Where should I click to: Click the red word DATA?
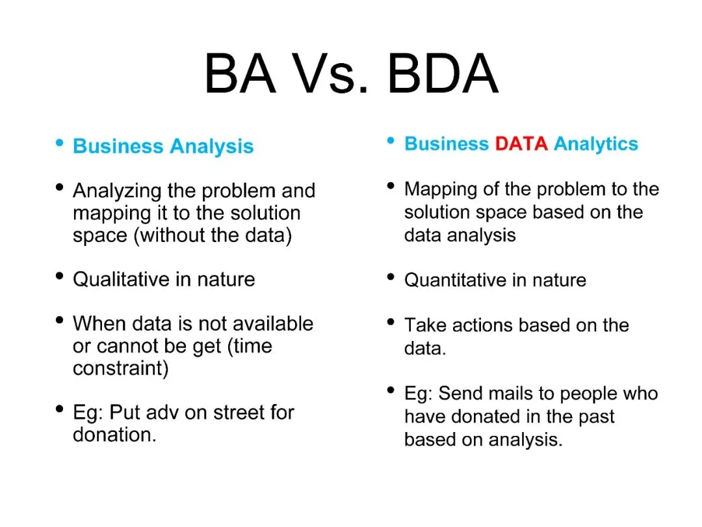(x=521, y=144)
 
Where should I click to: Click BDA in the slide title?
(x=443, y=73)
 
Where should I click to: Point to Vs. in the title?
(x=331, y=73)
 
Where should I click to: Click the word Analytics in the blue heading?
(x=596, y=144)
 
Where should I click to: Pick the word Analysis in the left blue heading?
(x=212, y=147)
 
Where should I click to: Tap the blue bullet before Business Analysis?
(x=59, y=143)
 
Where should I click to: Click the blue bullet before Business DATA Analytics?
(x=391, y=141)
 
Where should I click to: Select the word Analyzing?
(x=117, y=191)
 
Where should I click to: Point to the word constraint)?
(x=121, y=368)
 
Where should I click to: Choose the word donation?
(x=114, y=435)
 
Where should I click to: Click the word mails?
(x=510, y=394)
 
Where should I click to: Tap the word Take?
(x=425, y=325)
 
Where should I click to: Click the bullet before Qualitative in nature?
(x=59, y=276)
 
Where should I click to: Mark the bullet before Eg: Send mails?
(x=391, y=390)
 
